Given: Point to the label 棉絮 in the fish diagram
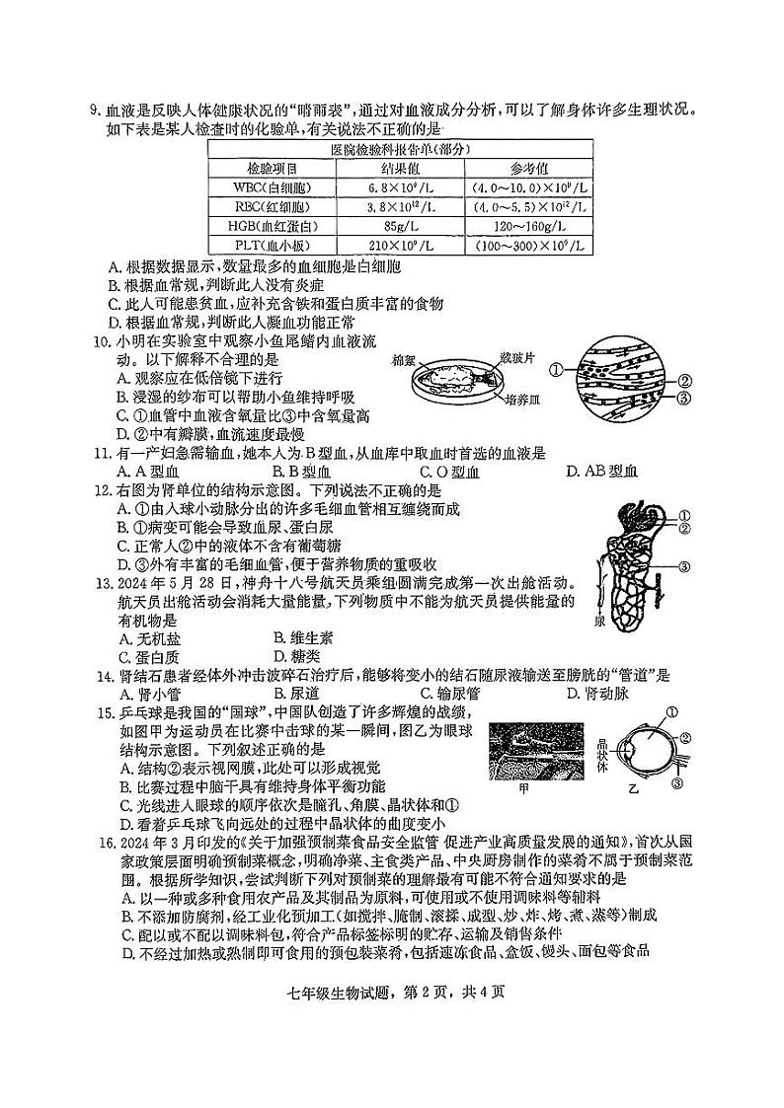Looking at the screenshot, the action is [405, 360].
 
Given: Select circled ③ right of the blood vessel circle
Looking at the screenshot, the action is [683, 398].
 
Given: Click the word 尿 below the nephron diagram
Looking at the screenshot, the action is [599, 623].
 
